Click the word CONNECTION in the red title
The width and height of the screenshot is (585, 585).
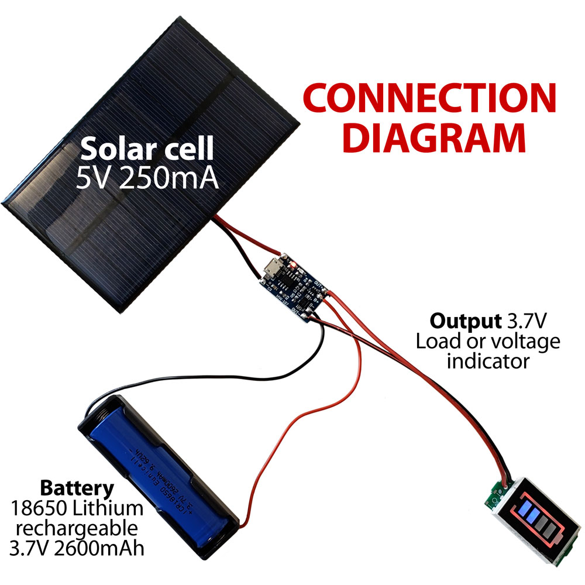pos(430,98)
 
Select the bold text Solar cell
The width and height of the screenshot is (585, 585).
pos(147,150)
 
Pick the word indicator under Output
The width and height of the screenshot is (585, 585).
pos(488,361)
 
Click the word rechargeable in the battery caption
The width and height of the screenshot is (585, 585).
pos(77,529)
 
